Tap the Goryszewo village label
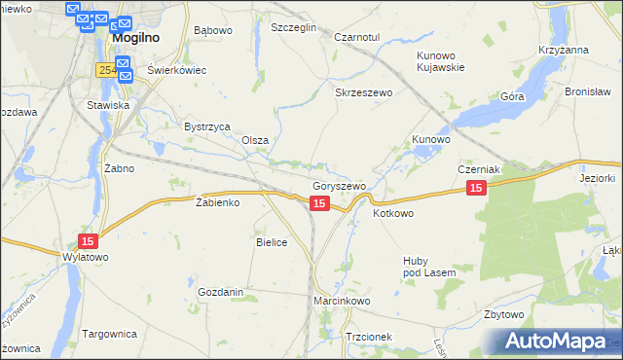pos(339,186)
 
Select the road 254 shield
pos(107,70)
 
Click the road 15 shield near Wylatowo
pos(88,240)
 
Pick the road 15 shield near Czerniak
pos(475,188)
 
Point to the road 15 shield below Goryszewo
pos(318,202)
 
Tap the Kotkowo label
pos(393,213)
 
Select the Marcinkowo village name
pos(343,302)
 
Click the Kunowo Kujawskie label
pos(441,61)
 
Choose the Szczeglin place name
pos(294,28)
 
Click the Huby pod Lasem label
pos(429,267)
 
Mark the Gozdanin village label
pos(220,292)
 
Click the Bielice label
pos(272,242)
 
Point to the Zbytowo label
pos(504,315)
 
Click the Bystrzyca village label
pos(206,126)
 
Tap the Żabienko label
pos(217,202)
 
